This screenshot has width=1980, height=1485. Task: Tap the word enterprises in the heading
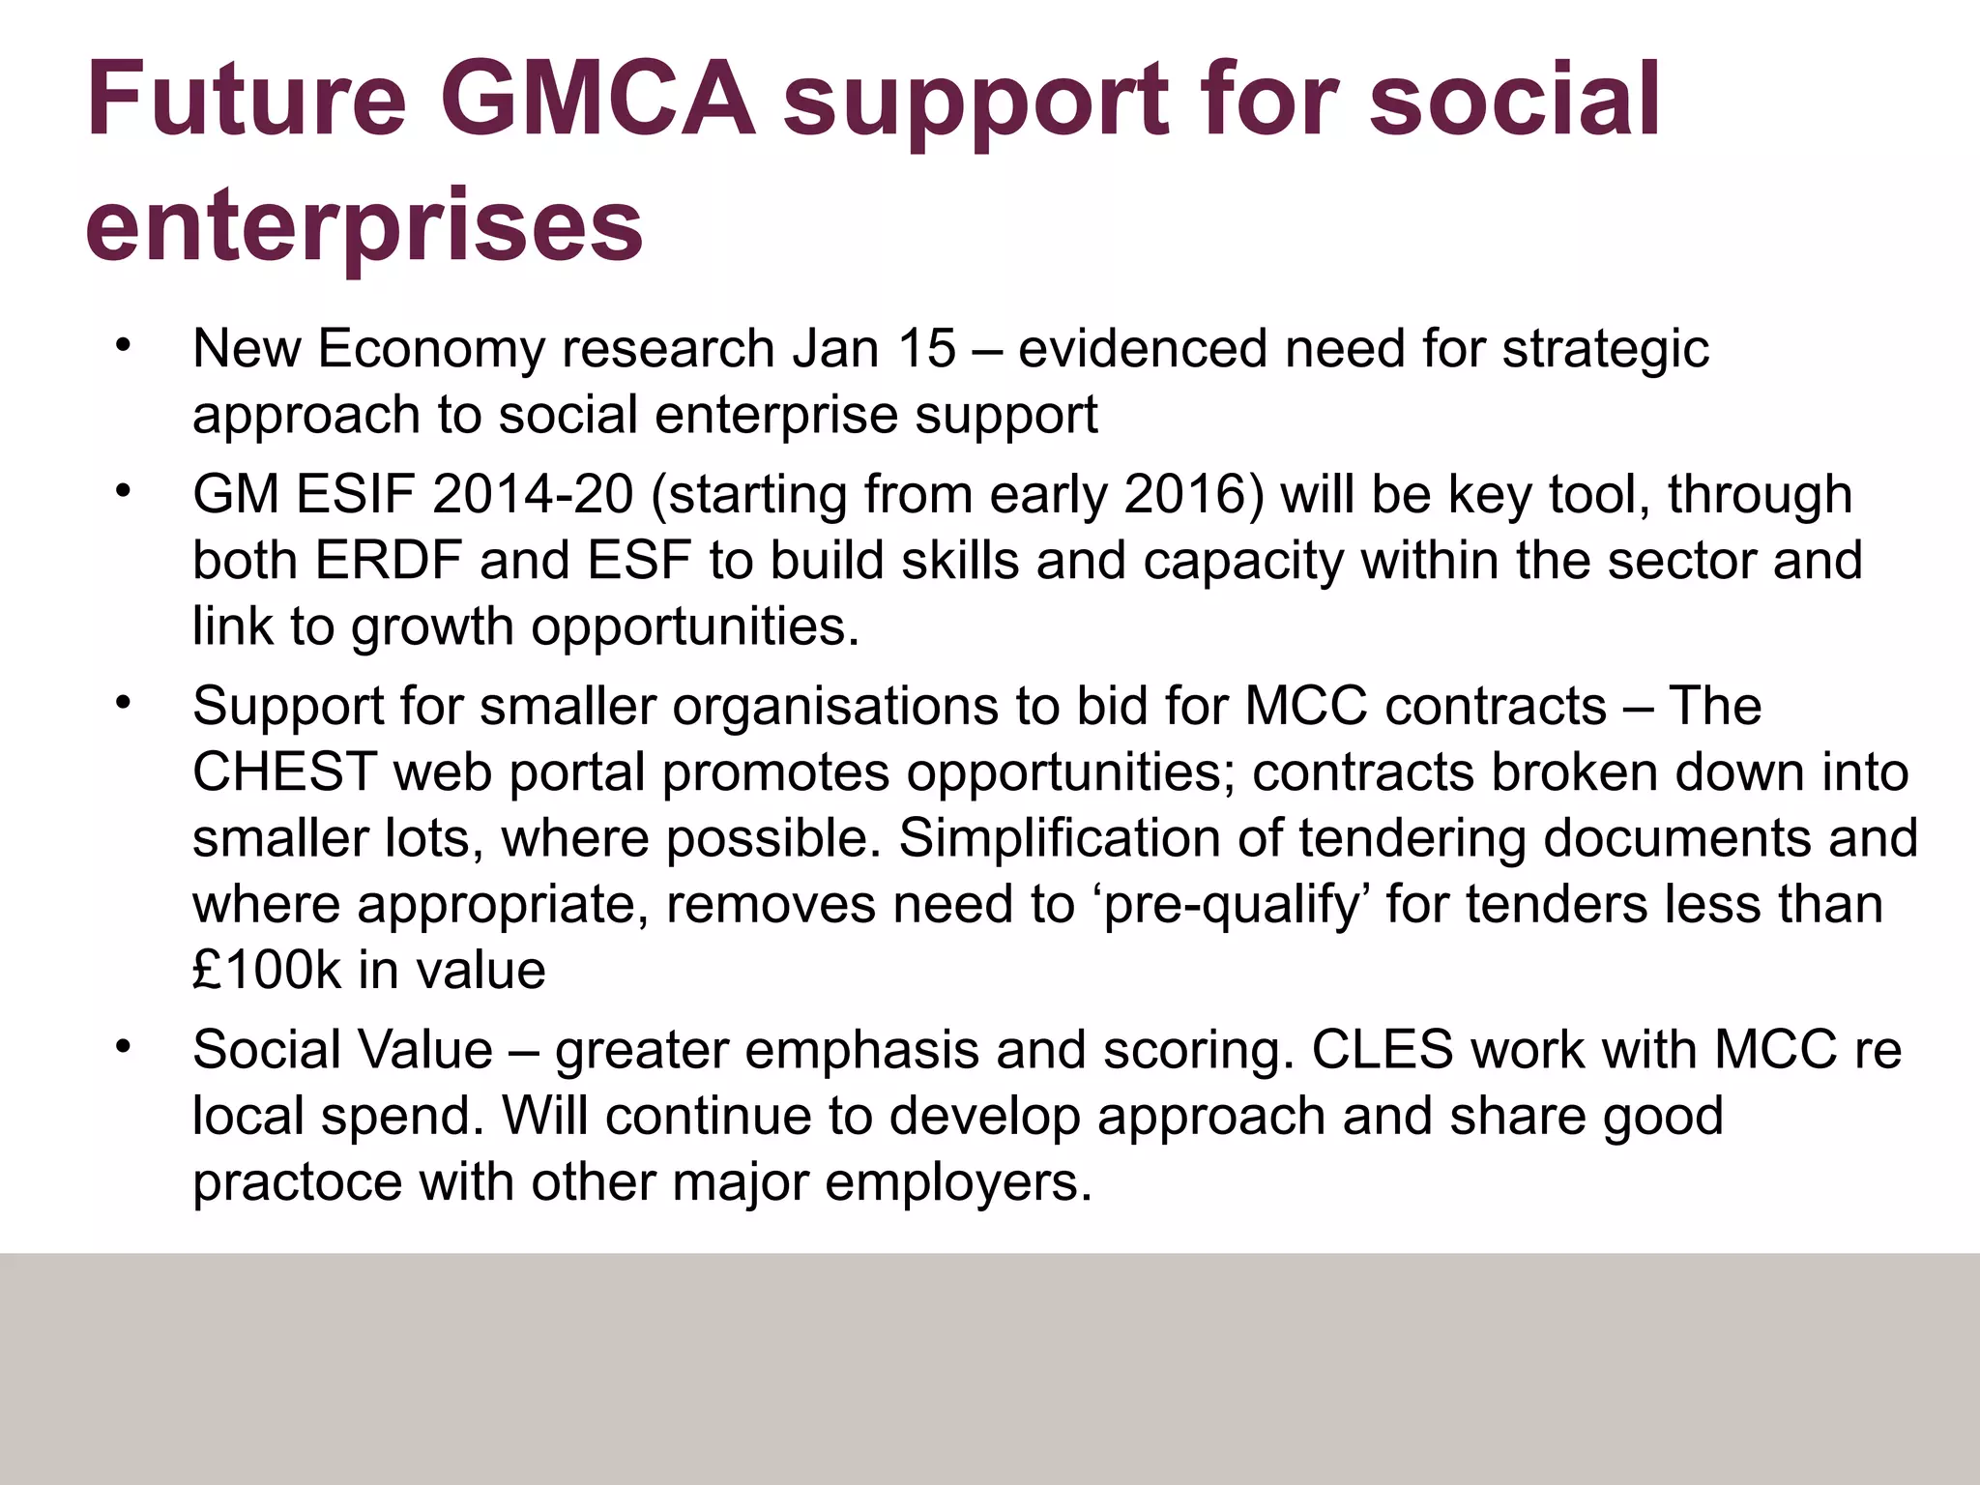click(x=364, y=225)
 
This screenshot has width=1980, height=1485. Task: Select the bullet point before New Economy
click(x=121, y=345)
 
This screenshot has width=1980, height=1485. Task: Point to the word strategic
click(x=1605, y=350)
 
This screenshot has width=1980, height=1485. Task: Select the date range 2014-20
click(x=533, y=495)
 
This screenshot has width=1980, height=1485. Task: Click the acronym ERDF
click(x=388, y=561)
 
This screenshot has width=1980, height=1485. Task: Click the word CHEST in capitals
click(x=283, y=772)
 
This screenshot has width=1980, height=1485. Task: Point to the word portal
click(x=577, y=773)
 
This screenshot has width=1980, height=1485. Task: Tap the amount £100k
click(x=267, y=970)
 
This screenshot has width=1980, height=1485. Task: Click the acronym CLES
click(x=1382, y=1050)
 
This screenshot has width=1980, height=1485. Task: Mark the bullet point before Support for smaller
click(x=121, y=703)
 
